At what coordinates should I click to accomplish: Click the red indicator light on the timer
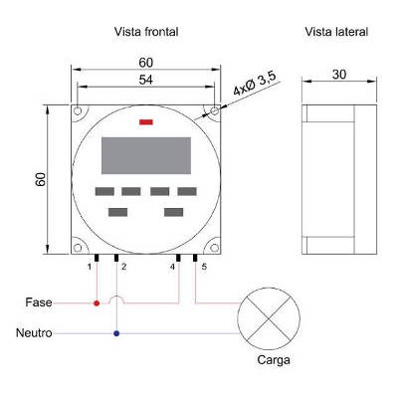coord(146,122)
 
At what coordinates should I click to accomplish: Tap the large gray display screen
coord(146,155)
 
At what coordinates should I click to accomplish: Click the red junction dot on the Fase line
coord(97,303)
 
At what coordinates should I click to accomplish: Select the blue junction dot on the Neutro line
coord(116,333)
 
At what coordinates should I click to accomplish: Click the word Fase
coord(39,302)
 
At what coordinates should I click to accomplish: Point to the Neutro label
coord(34,333)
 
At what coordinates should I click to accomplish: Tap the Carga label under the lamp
coord(274,360)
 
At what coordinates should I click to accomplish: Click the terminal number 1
coord(90,267)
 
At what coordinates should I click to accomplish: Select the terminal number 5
coord(204,267)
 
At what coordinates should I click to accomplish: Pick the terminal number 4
coord(172,267)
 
